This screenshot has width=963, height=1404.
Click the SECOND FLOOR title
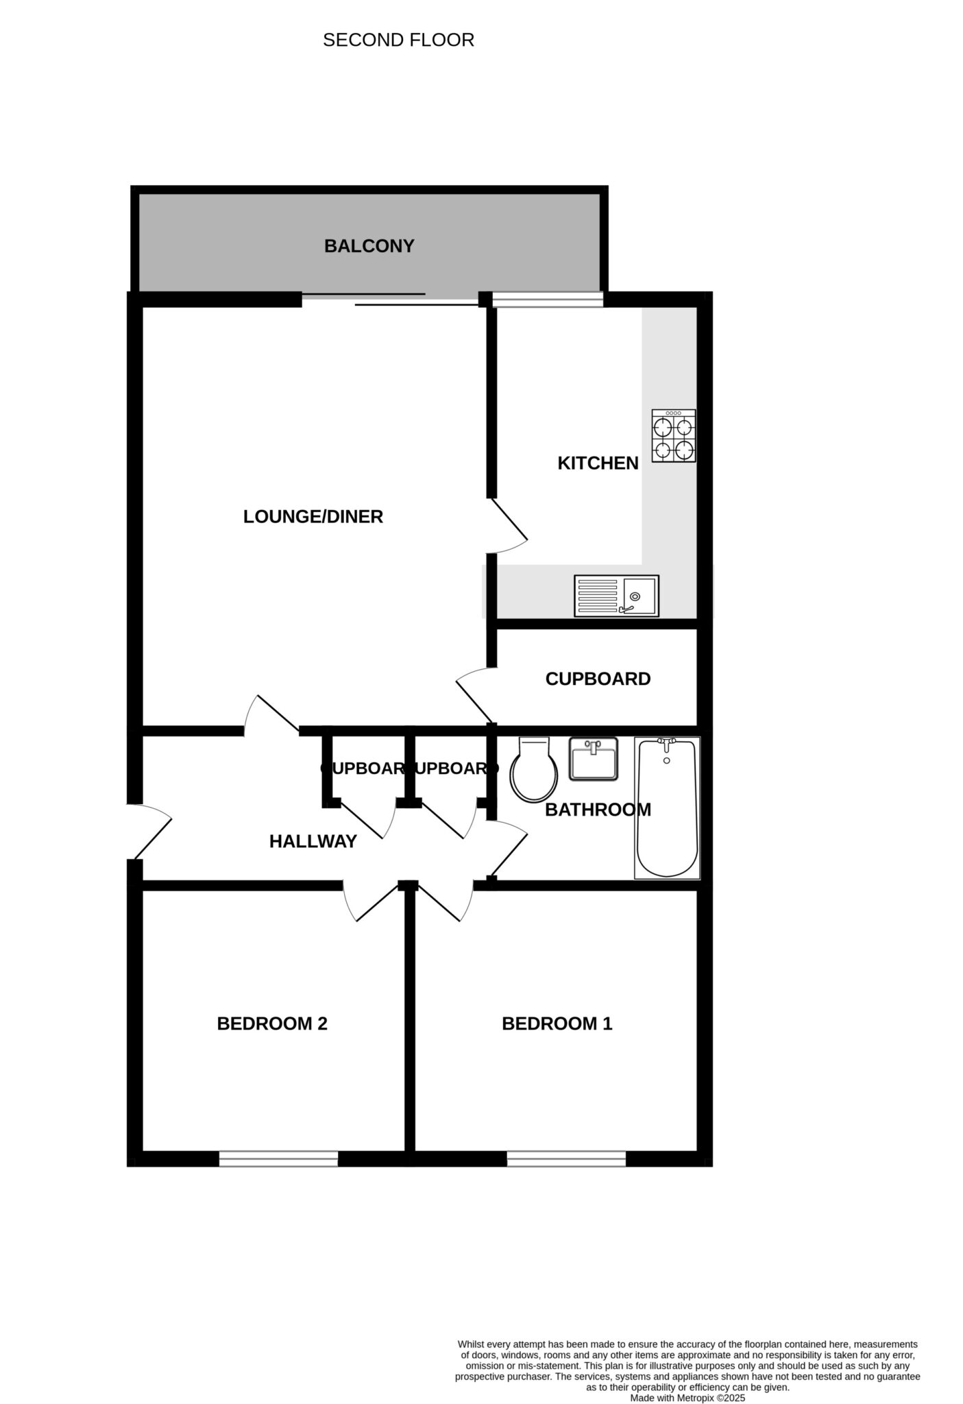tap(398, 40)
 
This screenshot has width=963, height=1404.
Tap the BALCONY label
tap(369, 245)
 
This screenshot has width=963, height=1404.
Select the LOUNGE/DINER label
tap(313, 516)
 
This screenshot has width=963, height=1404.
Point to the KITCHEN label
tap(598, 463)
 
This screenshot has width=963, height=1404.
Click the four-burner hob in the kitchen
tap(673, 435)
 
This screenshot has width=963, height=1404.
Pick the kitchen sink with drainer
tap(616, 596)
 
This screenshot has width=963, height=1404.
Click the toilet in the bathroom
tap(533, 770)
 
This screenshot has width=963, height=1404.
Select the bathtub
tap(667, 808)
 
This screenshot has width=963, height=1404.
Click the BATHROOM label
tap(598, 810)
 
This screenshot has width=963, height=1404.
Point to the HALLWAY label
tap(313, 841)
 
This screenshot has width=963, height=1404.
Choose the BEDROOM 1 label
tap(557, 1024)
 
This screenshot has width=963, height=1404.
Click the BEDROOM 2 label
tap(272, 1024)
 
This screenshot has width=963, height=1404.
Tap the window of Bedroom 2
tap(278, 1158)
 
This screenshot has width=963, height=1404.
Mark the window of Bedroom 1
tap(566, 1158)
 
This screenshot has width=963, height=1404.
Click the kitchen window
tap(548, 300)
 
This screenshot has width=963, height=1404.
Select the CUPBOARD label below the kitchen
tap(598, 679)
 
